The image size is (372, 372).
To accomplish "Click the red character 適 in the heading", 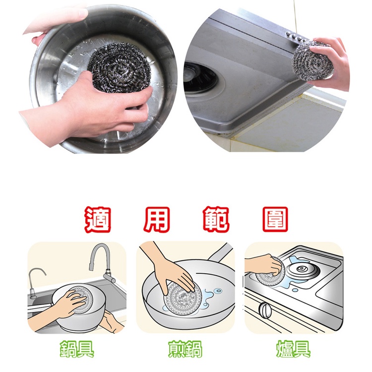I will point(97,219).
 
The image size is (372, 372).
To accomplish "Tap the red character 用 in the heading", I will point(156,219).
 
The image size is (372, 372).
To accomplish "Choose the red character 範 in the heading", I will point(216,219).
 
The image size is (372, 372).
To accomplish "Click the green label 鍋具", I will point(76,349).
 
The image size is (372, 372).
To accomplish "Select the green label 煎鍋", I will point(185,349).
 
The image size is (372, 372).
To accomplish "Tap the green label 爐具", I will point(293,349).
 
